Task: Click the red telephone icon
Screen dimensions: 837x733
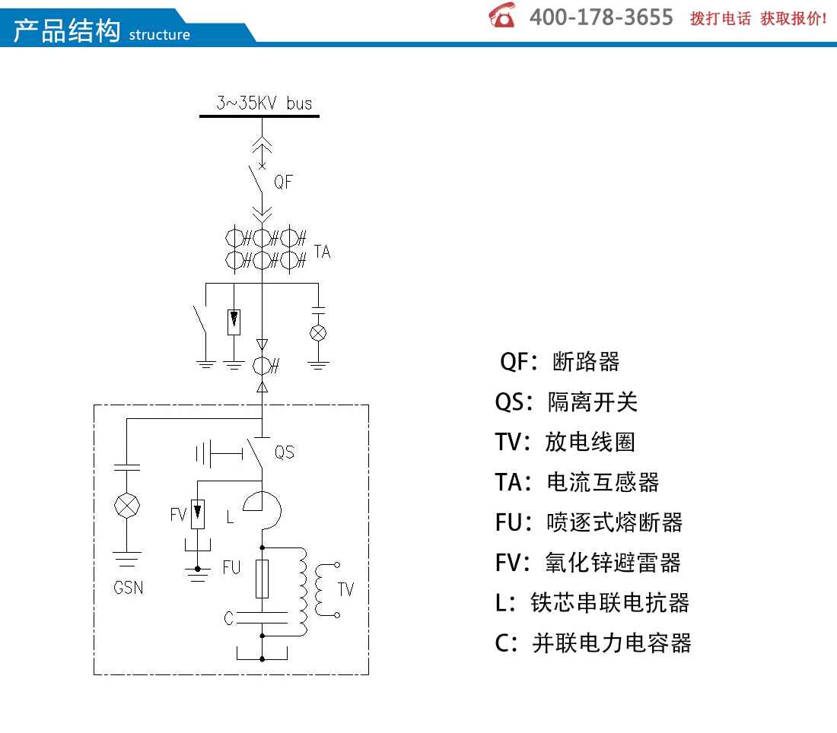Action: point(501,15)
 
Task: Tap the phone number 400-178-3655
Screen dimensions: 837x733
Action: point(601,17)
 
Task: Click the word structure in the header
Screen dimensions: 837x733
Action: point(159,35)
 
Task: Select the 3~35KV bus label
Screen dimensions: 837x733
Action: point(264,103)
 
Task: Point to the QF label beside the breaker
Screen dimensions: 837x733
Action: point(284,182)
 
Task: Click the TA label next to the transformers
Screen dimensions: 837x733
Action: point(323,251)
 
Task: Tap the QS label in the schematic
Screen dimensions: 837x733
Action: point(285,452)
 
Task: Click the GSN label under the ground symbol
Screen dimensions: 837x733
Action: point(128,587)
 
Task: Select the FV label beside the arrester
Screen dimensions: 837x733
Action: point(178,514)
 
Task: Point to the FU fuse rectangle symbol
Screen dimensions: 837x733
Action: point(262,579)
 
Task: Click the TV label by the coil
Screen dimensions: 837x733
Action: point(346,589)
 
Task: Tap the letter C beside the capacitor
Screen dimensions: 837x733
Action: point(229,618)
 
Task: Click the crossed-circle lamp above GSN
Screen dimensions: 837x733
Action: point(127,506)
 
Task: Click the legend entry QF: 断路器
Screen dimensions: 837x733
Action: point(559,362)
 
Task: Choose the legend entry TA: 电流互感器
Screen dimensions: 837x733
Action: point(577,482)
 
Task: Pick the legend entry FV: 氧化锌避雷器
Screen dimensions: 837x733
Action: point(588,562)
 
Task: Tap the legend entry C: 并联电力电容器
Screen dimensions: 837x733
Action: point(593,643)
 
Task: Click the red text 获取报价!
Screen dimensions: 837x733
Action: point(794,19)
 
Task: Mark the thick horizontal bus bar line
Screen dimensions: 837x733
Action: point(259,116)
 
